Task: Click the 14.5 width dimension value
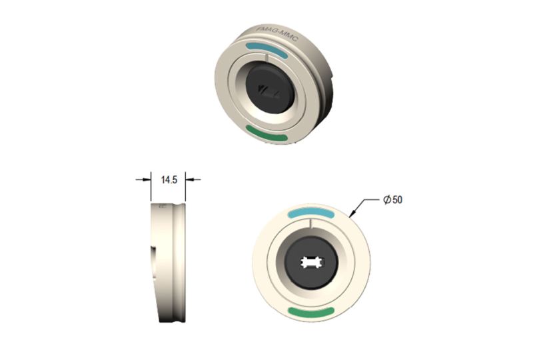(x=169, y=179)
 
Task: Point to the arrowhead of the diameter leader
(x=350, y=214)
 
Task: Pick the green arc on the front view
(x=310, y=312)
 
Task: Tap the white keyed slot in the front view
(x=311, y=263)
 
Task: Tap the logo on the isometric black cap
(x=269, y=89)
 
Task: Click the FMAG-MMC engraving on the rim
(x=278, y=35)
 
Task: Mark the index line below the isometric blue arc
(x=265, y=59)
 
